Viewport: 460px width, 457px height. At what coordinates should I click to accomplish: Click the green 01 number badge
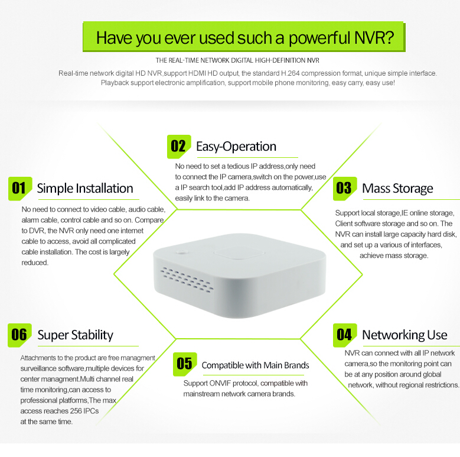[20, 189]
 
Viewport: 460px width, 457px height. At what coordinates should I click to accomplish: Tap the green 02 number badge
[179, 147]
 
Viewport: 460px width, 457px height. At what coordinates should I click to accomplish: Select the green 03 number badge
[345, 189]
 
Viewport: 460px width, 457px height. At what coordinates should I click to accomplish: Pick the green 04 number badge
[345, 335]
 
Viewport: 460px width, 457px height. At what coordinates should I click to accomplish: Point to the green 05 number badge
[185, 364]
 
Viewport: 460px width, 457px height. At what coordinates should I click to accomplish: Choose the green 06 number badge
[19, 335]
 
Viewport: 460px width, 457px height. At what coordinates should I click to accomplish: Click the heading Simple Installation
[85, 189]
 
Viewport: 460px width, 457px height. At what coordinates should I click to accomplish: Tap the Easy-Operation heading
[236, 147]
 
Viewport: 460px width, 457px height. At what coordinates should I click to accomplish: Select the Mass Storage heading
[397, 189]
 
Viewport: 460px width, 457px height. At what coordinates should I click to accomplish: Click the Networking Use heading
[405, 335]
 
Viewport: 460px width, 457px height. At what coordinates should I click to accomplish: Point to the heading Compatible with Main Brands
[255, 365]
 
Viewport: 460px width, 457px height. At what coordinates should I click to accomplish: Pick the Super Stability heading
[76, 335]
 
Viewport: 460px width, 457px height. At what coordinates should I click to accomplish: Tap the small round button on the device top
[182, 252]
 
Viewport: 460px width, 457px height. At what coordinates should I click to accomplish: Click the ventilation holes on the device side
[187, 280]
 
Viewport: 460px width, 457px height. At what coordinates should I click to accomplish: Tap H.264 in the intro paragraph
[291, 73]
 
